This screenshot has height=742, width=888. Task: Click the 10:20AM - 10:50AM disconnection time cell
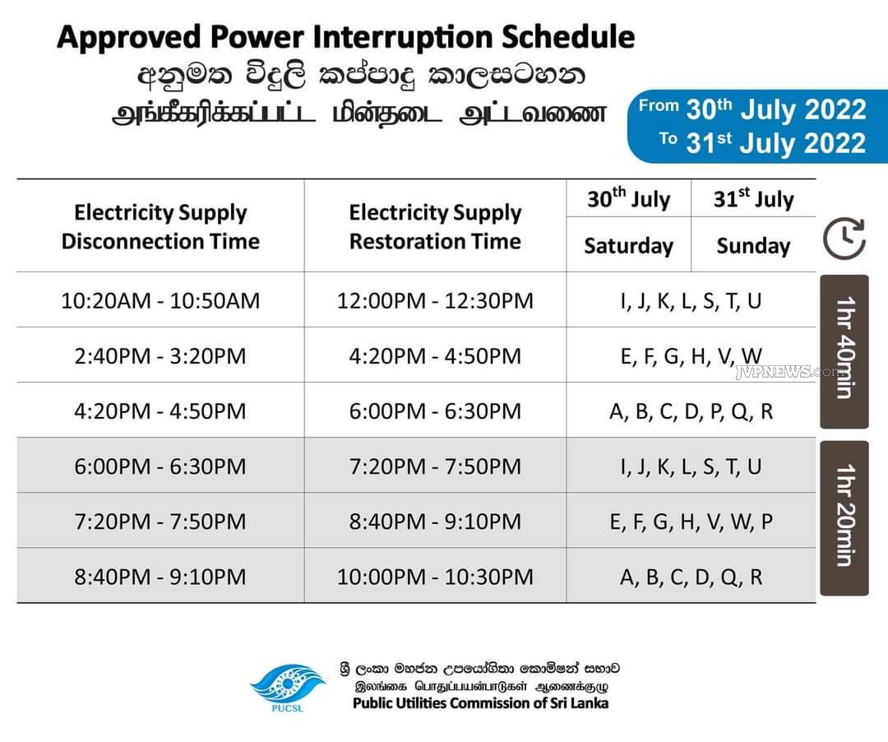pyautogui.click(x=160, y=300)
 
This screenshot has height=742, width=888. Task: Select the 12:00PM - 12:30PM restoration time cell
pyautogui.click(x=435, y=300)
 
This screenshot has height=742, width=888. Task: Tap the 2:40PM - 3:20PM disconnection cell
pyautogui.click(x=160, y=355)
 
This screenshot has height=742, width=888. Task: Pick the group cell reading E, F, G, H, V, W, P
pyautogui.click(x=691, y=521)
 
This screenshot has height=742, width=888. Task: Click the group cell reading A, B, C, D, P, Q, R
pyautogui.click(x=691, y=410)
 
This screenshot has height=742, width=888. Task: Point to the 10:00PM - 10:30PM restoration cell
pyautogui.click(x=435, y=577)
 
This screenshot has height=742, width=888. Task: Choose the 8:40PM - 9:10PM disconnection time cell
pyautogui.click(x=160, y=577)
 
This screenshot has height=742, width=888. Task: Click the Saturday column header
pyautogui.click(x=629, y=245)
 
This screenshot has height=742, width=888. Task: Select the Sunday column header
pyautogui.click(x=753, y=245)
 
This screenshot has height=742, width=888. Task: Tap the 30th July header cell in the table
pyautogui.click(x=629, y=198)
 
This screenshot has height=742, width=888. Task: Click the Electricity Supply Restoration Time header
pyautogui.click(x=435, y=226)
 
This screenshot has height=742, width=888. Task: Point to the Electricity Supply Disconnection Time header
pyautogui.click(x=160, y=226)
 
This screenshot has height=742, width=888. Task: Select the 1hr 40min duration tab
pyautogui.click(x=844, y=351)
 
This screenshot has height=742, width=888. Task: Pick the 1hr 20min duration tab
pyautogui.click(x=844, y=517)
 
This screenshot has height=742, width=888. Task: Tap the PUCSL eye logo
pyautogui.click(x=289, y=687)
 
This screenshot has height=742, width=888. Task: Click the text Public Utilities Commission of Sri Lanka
pyautogui.click(x=480, y=703)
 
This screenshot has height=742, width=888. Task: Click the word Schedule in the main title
pyautogui.click(x=568, y=37)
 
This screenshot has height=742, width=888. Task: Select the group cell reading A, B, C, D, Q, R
pyautogui.click(x=691, y=577)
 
